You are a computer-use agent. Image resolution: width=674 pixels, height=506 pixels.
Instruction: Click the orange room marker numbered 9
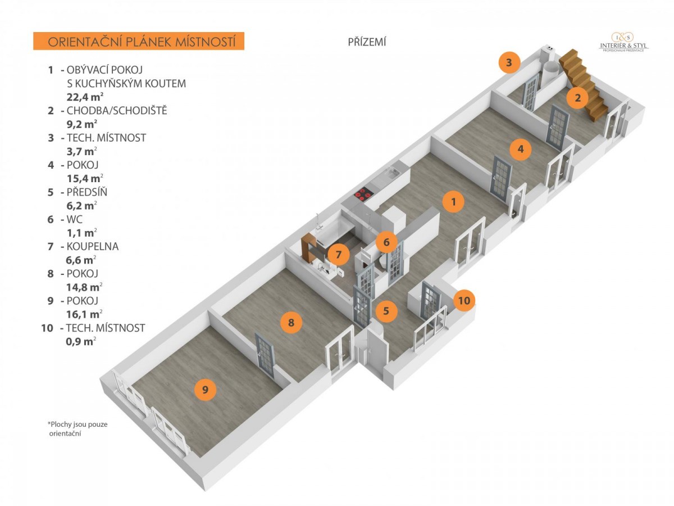pos(205,390)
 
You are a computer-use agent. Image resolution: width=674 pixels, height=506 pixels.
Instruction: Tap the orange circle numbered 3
pos(509,62)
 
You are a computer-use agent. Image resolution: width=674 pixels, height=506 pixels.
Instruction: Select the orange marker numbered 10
pos(463,300)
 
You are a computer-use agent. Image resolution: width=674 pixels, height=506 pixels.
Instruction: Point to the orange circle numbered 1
pos(453,201)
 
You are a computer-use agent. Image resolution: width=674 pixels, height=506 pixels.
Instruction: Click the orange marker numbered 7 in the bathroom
pos(338,255)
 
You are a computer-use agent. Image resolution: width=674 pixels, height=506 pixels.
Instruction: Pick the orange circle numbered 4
pos(521,149)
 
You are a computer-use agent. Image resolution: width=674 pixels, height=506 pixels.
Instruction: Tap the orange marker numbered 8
pos(291,323)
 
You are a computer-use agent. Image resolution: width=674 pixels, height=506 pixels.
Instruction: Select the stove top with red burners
pos(363,195)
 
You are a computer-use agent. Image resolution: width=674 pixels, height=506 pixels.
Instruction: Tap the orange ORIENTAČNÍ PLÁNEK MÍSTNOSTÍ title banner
pos(139,42)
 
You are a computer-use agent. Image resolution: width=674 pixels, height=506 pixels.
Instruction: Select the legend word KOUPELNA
pos(92,246)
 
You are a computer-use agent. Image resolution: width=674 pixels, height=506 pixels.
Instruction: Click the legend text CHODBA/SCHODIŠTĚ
pos(116,111)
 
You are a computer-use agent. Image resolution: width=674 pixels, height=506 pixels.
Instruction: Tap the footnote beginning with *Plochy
pos(77,428)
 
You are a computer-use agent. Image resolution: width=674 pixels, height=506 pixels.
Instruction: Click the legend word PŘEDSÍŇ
pos(86,192)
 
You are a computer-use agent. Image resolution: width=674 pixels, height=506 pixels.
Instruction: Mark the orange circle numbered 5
pos(386,310)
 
